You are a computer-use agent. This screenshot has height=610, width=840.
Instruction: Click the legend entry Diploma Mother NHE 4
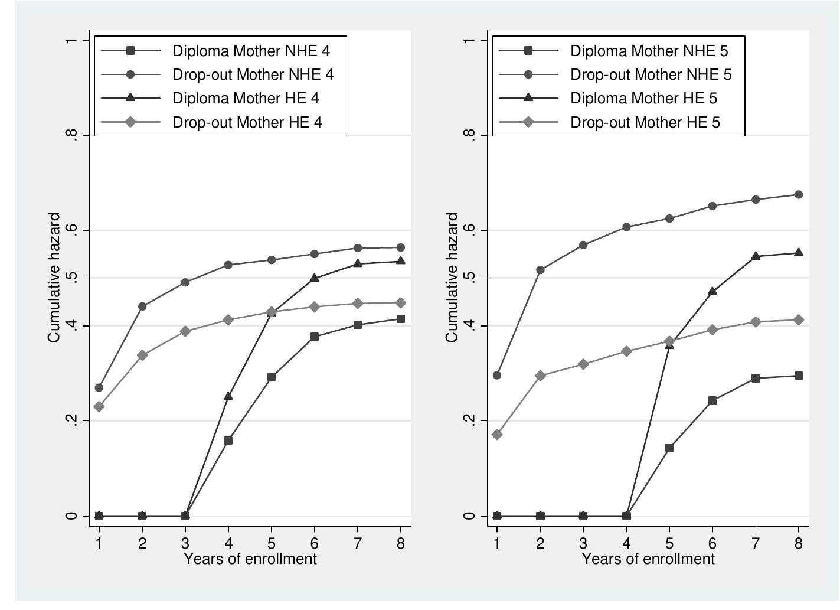pyautogui.click(x=251, y=51)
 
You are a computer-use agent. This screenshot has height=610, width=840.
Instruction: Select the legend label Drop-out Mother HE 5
pyautogui.click(x=645, y=123)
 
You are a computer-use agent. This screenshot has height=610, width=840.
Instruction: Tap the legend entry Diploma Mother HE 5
pyautogui.click(x=643, y=99)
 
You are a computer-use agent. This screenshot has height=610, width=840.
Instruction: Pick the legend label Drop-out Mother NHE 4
pyautogui.click(x=253, y=75)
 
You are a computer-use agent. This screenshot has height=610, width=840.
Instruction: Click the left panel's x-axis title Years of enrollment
pyautogui.click(x=250, y=559)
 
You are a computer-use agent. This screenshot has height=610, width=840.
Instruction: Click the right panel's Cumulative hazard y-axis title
pyautogui.click(x=452, y=278)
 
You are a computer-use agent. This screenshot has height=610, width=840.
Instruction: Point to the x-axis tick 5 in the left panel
pyautogui.click(x=272, y=543)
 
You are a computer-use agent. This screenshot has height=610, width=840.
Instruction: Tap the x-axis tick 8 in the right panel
pyautogui.click(x=798, y=543)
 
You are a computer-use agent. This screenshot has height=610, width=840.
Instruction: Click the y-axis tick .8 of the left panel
pyautogui.click(x=71, y=135)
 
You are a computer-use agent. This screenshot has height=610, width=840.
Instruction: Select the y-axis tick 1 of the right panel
pyautogui.click(x=470, y=40)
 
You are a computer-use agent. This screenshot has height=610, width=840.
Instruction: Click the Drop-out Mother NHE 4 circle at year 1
pyautogui.click(x=99, y=388)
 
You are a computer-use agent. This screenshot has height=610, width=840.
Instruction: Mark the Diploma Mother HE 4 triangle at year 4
pyautogui.click(x=228, y=396)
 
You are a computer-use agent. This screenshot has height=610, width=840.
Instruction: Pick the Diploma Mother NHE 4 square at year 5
pyautogui.click(x=272, y=377)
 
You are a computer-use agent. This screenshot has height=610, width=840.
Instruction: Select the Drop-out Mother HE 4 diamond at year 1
pyautogui.click(x=99, y=407)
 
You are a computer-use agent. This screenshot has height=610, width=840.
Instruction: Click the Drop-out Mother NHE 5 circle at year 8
pyautogui.click(x=798, y=195)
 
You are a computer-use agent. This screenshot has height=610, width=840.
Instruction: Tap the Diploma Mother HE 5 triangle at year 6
pyautogui.click(x=712, y=291)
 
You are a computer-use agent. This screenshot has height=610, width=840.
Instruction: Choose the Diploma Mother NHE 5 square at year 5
pyautogui.click(x=669, y=448)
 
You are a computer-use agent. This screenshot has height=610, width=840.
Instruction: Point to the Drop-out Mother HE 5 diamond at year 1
pyautogui.click(x=497, y=435)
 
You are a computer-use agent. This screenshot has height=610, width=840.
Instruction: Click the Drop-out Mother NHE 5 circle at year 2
pyautogui.click(x=540, y=270)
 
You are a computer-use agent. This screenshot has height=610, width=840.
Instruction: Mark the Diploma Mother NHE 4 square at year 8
pyautogui.click(x=401, y=319)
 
